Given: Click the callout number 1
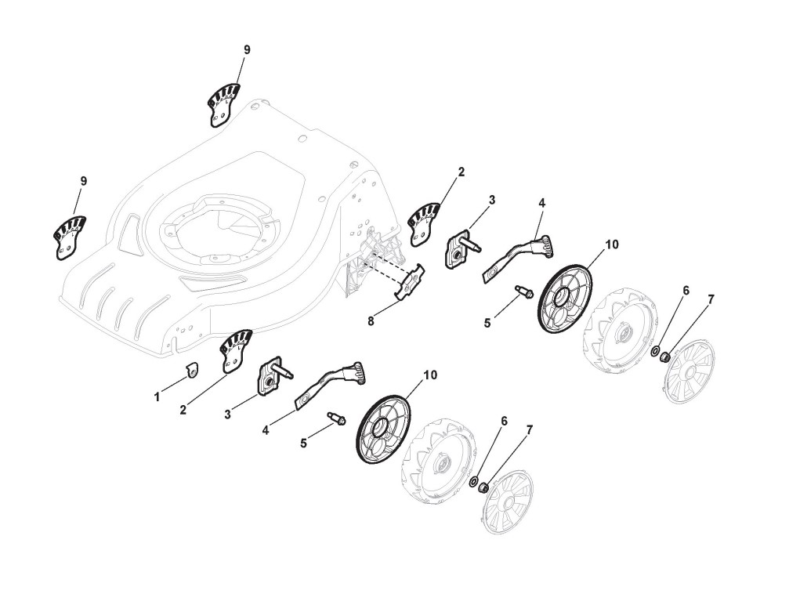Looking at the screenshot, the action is pos(157,397).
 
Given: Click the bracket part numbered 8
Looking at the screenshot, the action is pos(410,283).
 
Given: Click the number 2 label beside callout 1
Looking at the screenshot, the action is pos(183,409).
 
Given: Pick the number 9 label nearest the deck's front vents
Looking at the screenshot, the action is pos(83,181).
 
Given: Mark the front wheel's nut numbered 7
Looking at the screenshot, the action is pos(484,489).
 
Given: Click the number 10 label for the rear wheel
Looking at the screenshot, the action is pos(612,244).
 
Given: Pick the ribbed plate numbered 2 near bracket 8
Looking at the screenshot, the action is pos(425,223).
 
